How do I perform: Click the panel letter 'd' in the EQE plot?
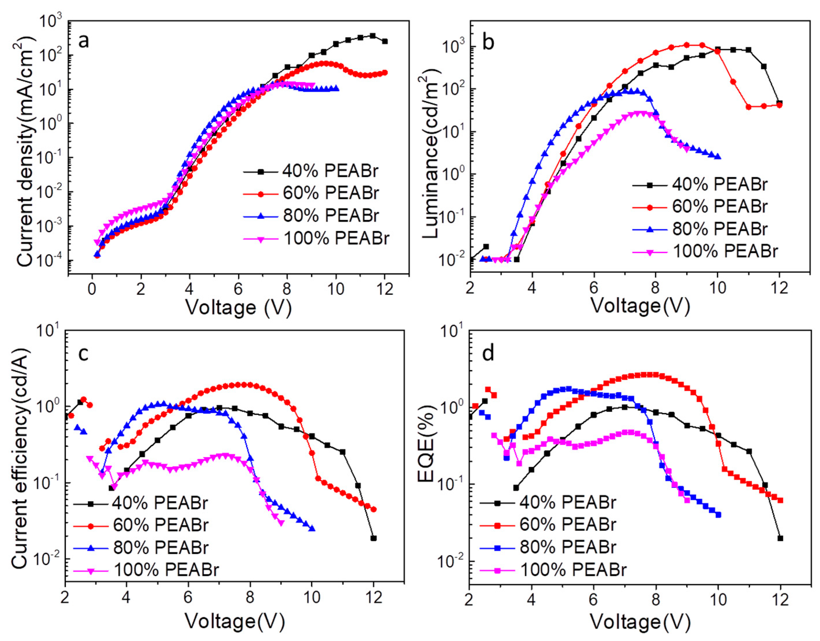[488, 354]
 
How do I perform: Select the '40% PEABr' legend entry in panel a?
[330, 171]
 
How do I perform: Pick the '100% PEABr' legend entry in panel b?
[725, 251]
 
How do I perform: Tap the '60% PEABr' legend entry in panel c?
[160, 525]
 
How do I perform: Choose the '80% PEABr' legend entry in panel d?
[568, 547]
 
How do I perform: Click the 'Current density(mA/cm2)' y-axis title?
[26, 150]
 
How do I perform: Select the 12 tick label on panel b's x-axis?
[779, 290]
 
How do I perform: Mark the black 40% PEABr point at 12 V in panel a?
[384, 41]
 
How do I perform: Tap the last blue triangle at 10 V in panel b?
[717, 157]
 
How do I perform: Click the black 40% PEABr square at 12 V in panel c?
[373, 538]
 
